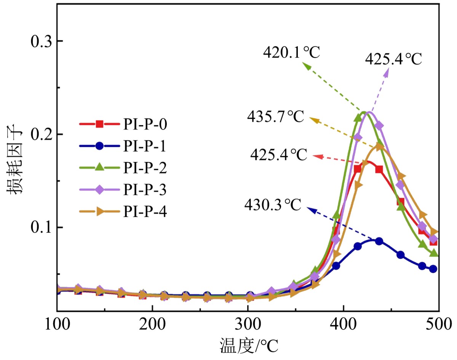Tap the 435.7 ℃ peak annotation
(x=276, y=116)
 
